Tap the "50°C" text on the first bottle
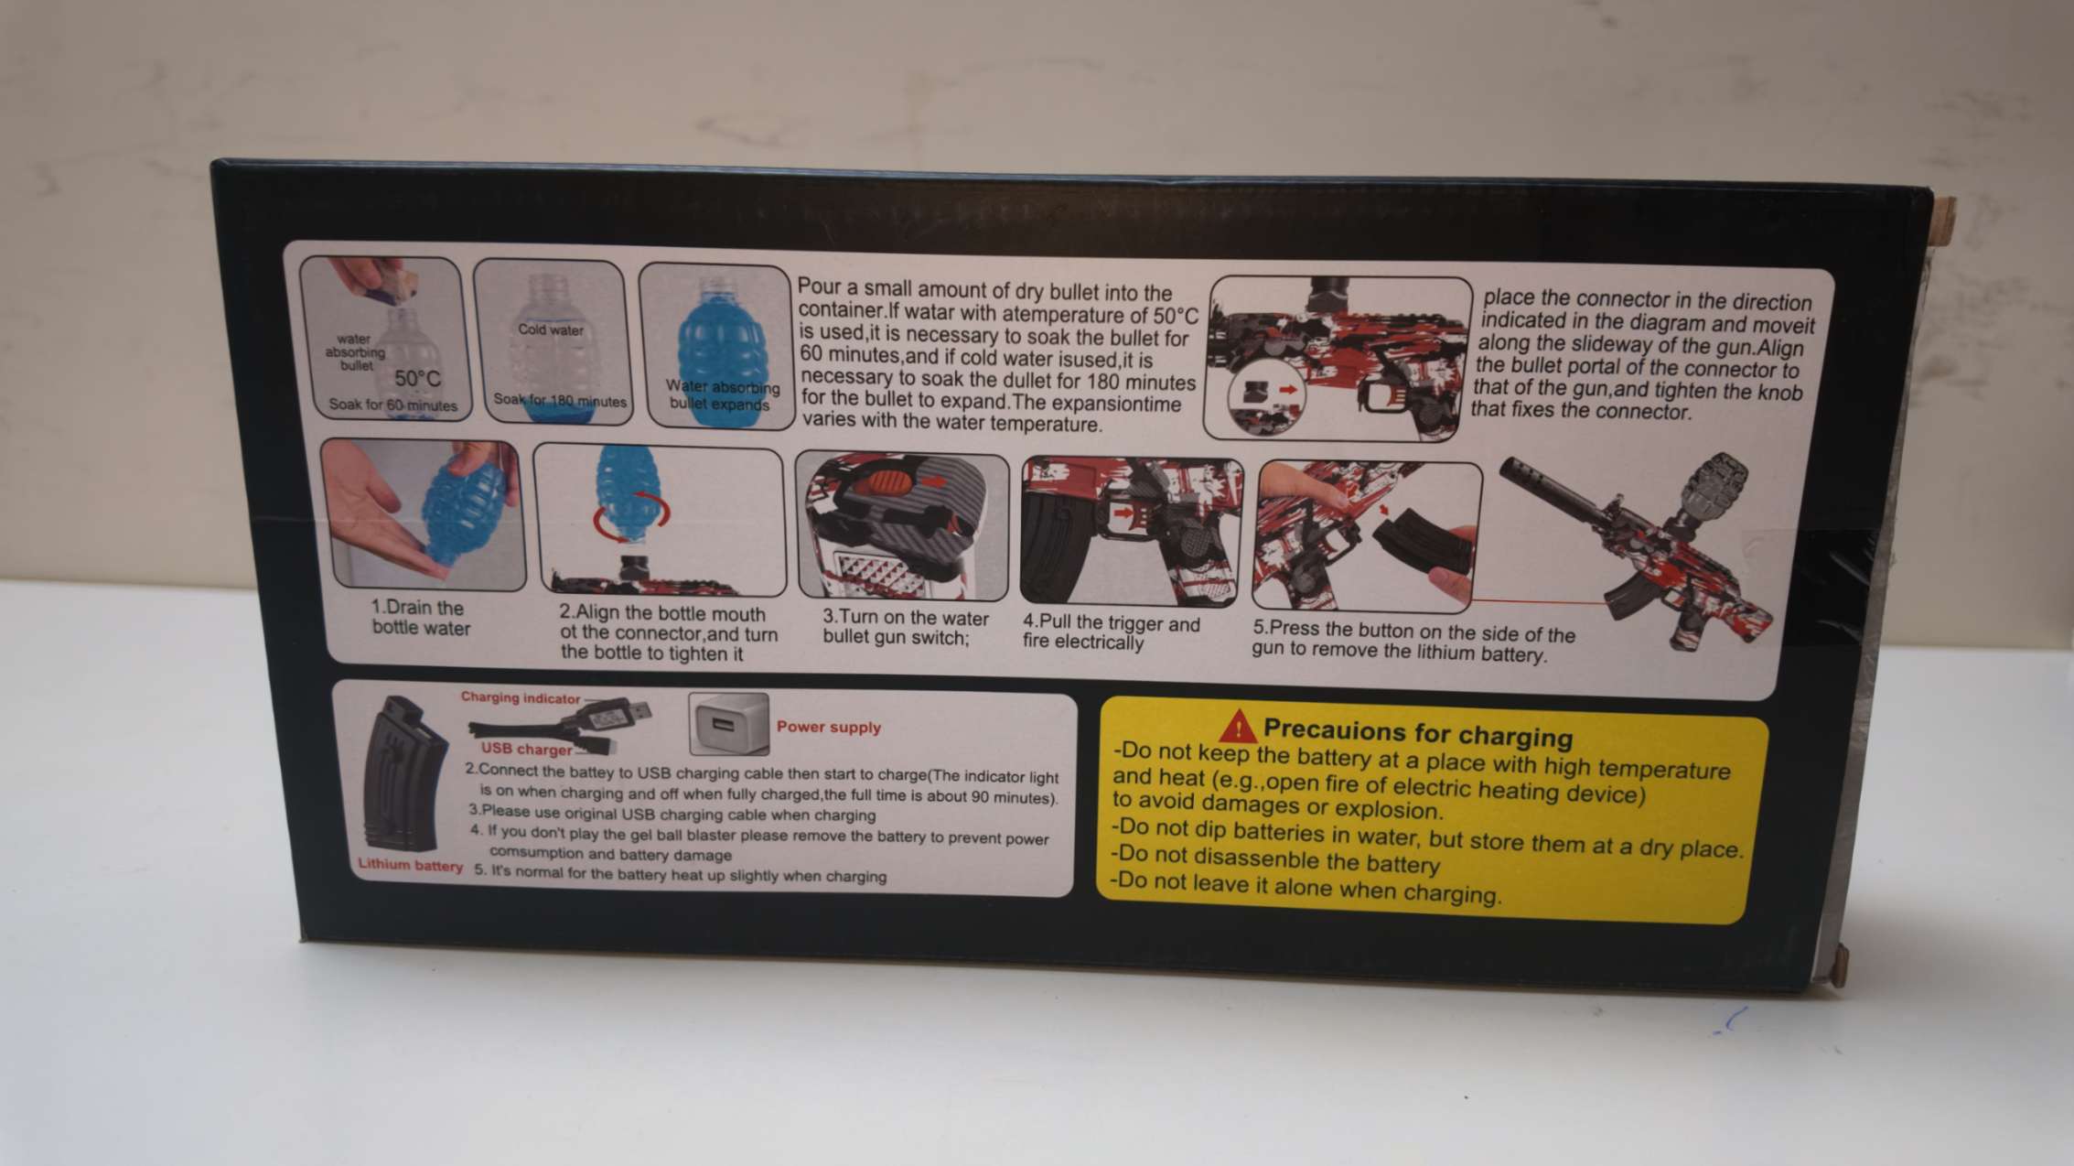tap(417, 379)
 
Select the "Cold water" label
tap(551, 329)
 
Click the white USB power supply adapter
tap(728, 724)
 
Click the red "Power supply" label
tap(829, 728)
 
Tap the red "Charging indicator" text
tap(520, 697)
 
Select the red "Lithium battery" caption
tap(411, 865)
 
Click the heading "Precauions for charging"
tap(1418, 733)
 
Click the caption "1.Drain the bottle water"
tap(421, 618)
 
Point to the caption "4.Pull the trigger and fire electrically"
tap(1111, 632)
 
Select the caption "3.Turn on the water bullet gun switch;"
tap(905, 627)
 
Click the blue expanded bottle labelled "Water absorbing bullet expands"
tap(717, 352)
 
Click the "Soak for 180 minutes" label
tap(560, 401)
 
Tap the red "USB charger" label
tap(526, 750)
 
